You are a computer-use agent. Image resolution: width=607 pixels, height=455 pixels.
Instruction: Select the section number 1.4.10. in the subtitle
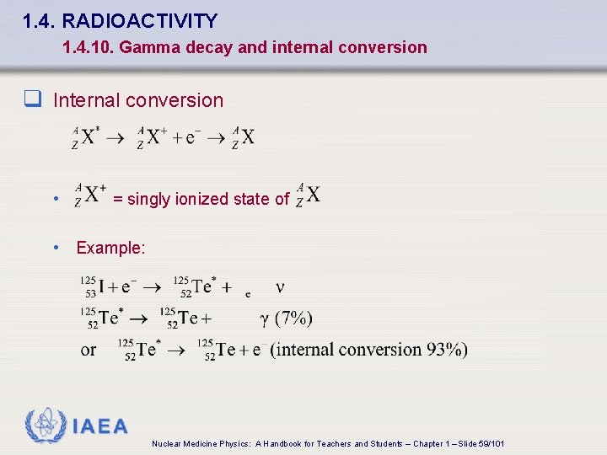coord(89,47)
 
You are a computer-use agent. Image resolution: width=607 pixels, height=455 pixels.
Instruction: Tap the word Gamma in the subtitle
coord(144,47)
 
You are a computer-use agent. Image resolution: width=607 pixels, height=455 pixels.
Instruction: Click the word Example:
coord(110,248)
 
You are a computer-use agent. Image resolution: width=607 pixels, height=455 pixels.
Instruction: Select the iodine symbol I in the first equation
coord(101,287)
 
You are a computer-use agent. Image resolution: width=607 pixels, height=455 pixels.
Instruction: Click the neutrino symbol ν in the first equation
coord(280,287)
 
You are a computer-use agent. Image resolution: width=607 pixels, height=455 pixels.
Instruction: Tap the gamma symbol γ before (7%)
coord(263,318)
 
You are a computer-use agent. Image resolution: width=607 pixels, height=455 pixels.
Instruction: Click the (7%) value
coord(293,318)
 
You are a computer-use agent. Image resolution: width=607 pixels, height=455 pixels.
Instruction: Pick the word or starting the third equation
coord(89,349)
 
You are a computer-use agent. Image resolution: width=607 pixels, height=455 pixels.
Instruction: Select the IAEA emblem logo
coord(45,426)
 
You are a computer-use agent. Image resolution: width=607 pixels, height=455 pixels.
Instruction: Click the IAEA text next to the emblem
coord(100,426)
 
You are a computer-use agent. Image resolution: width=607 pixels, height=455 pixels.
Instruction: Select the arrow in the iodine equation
coord(152,287)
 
